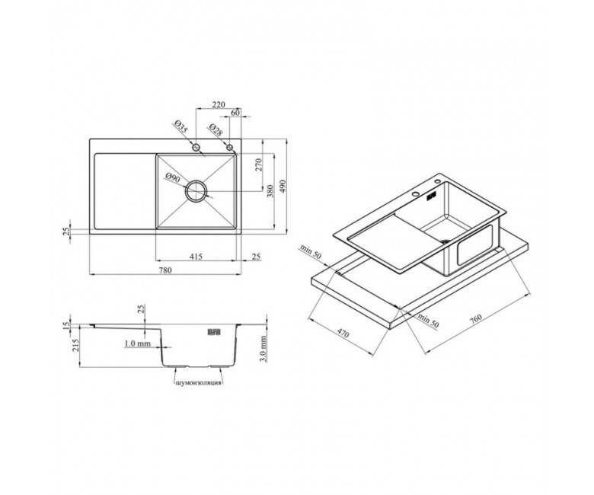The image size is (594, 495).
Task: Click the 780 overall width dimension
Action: tap(165, 270)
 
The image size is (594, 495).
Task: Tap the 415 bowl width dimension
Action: tap(196, 257)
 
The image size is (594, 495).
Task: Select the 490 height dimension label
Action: tap(283, 186)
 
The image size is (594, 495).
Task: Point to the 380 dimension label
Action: tap(270, 191)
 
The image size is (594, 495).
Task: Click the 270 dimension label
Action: tap(259, 164)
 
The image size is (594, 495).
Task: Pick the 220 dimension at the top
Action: tap(219, 104)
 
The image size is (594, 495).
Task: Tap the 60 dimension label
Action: tap(235, 113)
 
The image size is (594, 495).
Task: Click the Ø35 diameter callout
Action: tap(181, 126)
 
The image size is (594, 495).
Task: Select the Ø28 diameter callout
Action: tap(216, 130)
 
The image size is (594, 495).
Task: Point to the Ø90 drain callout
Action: tap(173, 178)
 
